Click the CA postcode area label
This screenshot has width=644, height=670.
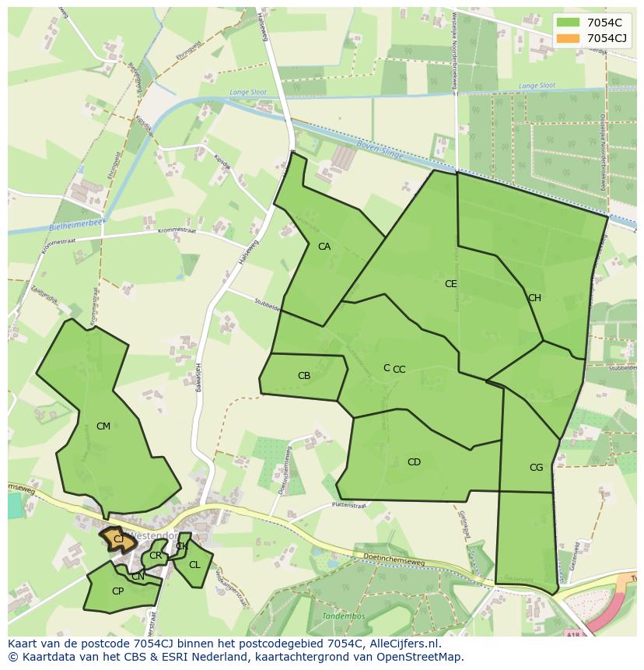point(324,247)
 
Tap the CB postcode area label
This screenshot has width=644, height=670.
point(304,376)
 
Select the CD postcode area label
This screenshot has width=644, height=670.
point(414,462)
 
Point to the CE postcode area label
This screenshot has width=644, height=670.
point(450,284)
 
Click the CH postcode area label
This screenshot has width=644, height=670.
point(534,298)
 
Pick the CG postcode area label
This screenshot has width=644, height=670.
point(536,468)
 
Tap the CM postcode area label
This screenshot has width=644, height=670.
point(103,426)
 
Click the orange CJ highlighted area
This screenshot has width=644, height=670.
point(117,538)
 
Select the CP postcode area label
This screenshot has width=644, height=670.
point(117,591)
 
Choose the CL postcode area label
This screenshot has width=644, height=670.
point(194,565)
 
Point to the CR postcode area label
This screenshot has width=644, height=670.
point(156,556)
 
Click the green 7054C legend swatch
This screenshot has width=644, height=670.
point(568,23)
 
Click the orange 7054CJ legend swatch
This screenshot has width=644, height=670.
point(568,38)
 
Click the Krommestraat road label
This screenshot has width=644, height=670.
point(177,231)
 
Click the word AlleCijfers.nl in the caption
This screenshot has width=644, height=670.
point(404,644)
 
